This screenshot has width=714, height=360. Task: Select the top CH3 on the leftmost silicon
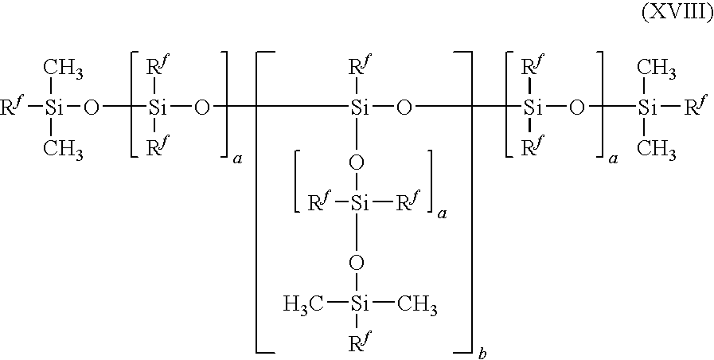tap(63, 69)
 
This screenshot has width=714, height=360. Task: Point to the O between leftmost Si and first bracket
tap(92, 107)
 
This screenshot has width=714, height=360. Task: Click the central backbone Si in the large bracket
tap(360, 107)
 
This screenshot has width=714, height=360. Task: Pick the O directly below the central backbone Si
tap(358, 163)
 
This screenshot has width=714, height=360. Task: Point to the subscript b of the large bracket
tap(482, 355)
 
